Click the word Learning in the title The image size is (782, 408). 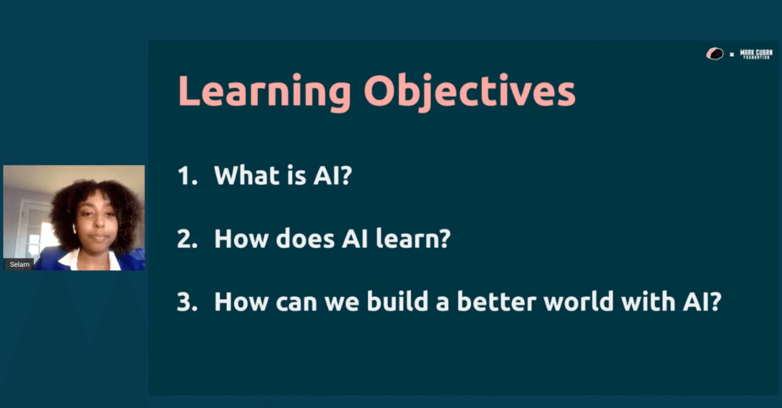point(264,91)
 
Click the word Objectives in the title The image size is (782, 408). point(469,91)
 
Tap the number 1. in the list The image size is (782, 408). point(187,175)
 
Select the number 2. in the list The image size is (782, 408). point(187,239)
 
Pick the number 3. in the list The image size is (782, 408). point(187,302)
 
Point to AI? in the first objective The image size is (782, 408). point(332,175)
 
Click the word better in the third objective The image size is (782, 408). point(496,302)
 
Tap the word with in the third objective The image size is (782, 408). point(648,302)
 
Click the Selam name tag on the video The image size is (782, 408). point(19,264)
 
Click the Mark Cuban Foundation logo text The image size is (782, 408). point(756,54)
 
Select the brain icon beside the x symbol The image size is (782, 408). point(715,54)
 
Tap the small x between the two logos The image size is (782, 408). point(732,54)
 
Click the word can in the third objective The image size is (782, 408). point(296,302)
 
